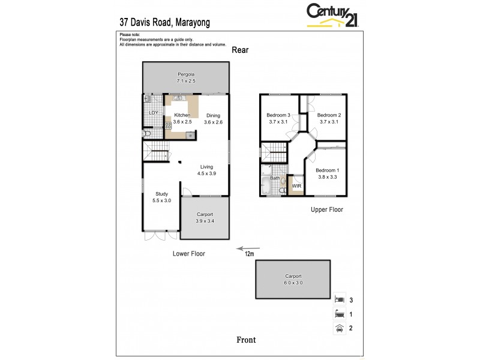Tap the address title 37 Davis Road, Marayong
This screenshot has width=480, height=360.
pos(165,22)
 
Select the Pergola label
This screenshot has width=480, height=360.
pos(186,74)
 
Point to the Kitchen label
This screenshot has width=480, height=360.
pos(182,115)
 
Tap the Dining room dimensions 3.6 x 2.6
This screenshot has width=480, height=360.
pos(213,122)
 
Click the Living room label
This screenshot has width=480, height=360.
pos(206,167)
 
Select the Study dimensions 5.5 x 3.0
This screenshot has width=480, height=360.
pos(161,200)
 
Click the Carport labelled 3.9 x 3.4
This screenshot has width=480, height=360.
pos(205,217)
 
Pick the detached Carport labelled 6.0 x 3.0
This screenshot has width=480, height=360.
pos(293,279)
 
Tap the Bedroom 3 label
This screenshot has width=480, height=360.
pos(279,115)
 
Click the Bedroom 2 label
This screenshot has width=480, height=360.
pos(329,115)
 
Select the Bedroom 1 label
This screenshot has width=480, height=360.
pos(328,170)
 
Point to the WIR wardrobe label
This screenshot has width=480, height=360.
pos(296,187)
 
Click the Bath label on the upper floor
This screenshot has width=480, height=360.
pos(275,178)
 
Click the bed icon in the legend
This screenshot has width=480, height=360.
pos(339,298)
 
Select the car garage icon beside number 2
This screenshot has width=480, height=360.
pos(339,328)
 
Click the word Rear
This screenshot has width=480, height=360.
pos(240,50)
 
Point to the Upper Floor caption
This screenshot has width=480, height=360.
pos(326,210)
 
